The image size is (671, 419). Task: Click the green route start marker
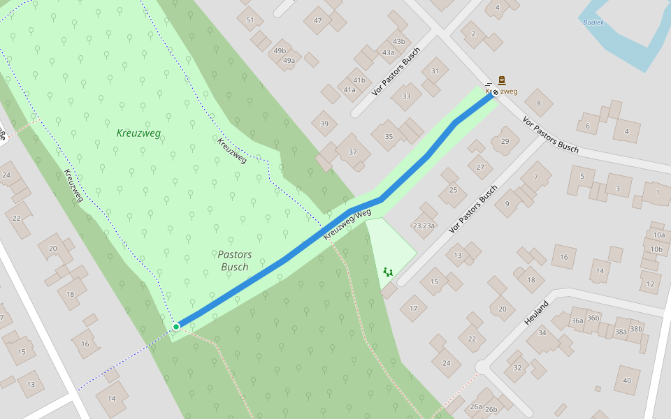pos(176,326)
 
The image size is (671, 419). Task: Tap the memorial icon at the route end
pos(502,80)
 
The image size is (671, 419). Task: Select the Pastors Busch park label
pos(234,260)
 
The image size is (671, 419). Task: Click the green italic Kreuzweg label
pos(138,133)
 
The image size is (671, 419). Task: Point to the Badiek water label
pos(593,22)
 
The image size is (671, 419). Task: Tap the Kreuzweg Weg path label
pos(347,223)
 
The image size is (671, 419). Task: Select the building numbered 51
pos(250,20)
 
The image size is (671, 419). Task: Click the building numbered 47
pos(317,20)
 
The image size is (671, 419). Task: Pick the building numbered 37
pos(352,152)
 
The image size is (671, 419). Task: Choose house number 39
pos(324,124)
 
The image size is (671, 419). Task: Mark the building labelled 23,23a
pos(424,225)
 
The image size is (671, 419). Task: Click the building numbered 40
pos(626,380)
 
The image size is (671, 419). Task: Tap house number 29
pos(505,142)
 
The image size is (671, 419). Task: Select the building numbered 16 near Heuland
pos(563,257)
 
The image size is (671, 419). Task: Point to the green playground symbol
pos(388,271)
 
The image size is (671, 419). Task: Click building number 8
pos(538,103)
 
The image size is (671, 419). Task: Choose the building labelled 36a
pos(577,320)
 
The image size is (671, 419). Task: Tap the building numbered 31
pos(435,71)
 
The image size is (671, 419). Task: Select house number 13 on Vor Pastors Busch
pos(458,255)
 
